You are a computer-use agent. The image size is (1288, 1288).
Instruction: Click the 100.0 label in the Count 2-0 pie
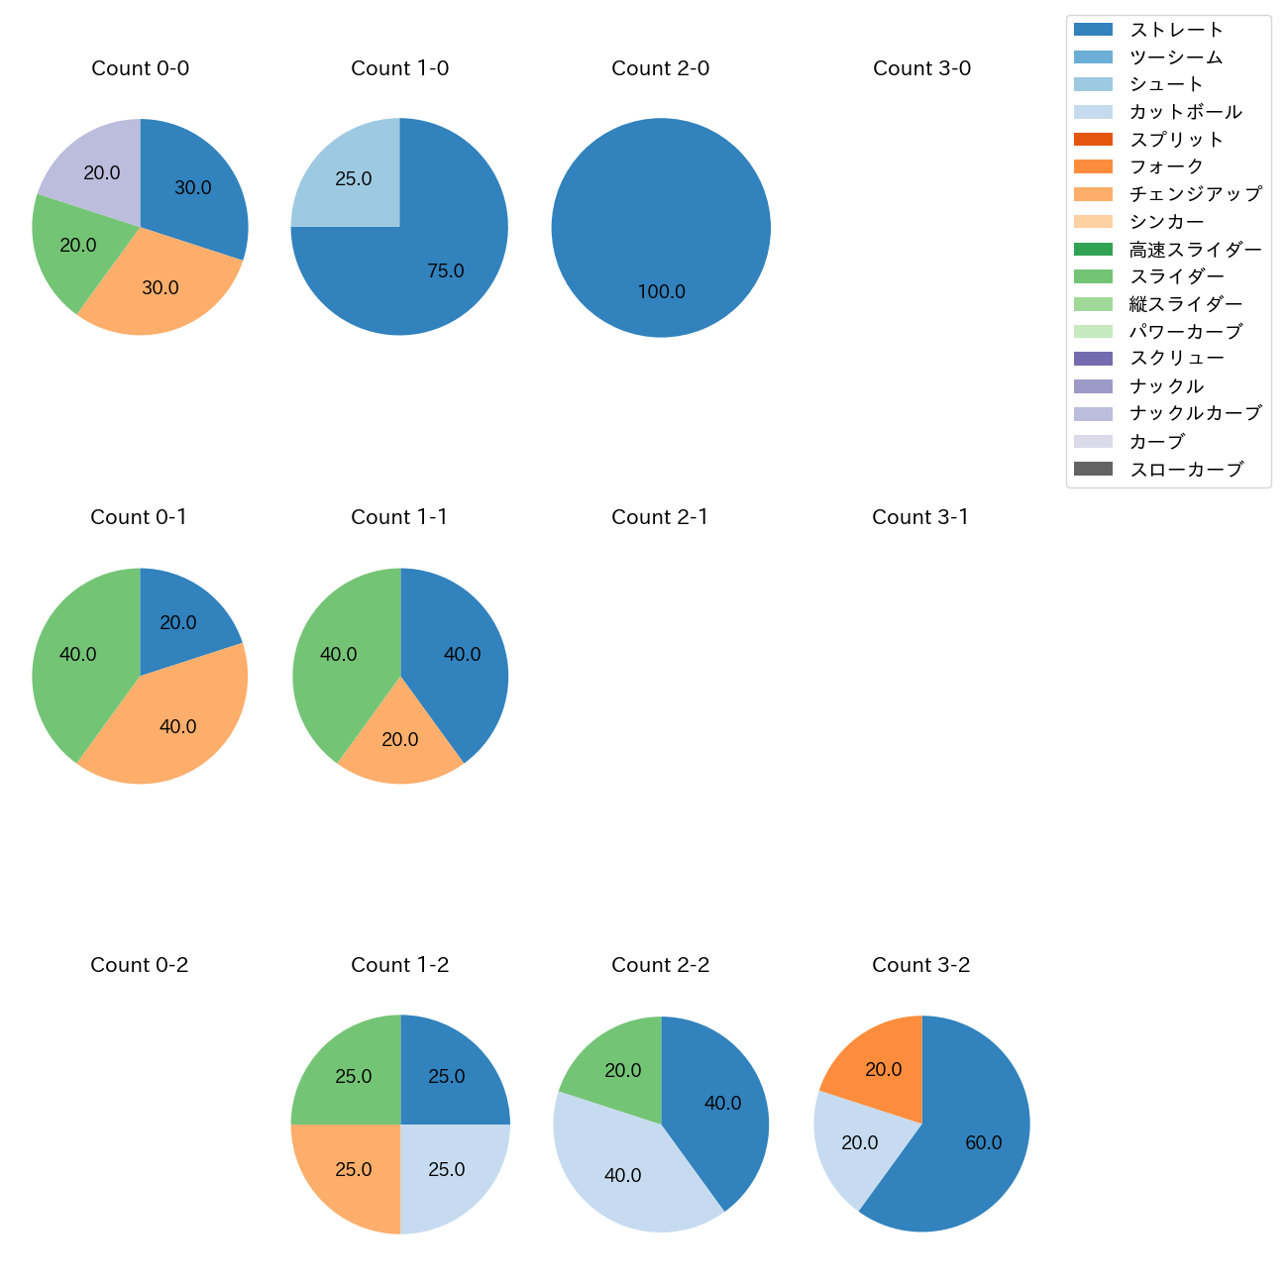pos(661,292)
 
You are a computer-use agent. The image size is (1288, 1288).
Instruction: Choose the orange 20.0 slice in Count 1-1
pos(400,740)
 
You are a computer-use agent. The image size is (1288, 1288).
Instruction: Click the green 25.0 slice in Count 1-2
pos(354,1076)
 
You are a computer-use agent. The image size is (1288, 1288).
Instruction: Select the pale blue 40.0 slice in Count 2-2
pos(622,1175)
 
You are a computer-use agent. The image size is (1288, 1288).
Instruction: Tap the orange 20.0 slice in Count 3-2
pos(883,1069)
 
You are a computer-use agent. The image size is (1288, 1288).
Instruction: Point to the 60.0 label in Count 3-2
pos(984,1142)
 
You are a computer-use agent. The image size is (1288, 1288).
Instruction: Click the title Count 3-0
pos(921,68)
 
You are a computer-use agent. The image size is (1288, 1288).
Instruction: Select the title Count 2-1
pos(660,517)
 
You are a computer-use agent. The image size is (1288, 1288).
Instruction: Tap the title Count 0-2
pos(140,965)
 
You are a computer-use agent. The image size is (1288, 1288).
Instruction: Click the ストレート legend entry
pos(1176,30)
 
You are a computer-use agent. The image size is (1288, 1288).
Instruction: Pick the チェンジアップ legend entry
pos(1195,194)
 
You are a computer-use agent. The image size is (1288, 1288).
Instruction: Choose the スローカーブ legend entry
pos(1186,470)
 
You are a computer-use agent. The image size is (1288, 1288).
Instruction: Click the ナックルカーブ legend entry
pos(1195,414)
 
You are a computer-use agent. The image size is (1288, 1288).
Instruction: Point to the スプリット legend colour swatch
pos(1093,140)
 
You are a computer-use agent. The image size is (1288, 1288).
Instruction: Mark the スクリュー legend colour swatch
pos(1093,359)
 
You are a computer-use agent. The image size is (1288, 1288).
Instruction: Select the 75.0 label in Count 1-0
pos(446,270)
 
